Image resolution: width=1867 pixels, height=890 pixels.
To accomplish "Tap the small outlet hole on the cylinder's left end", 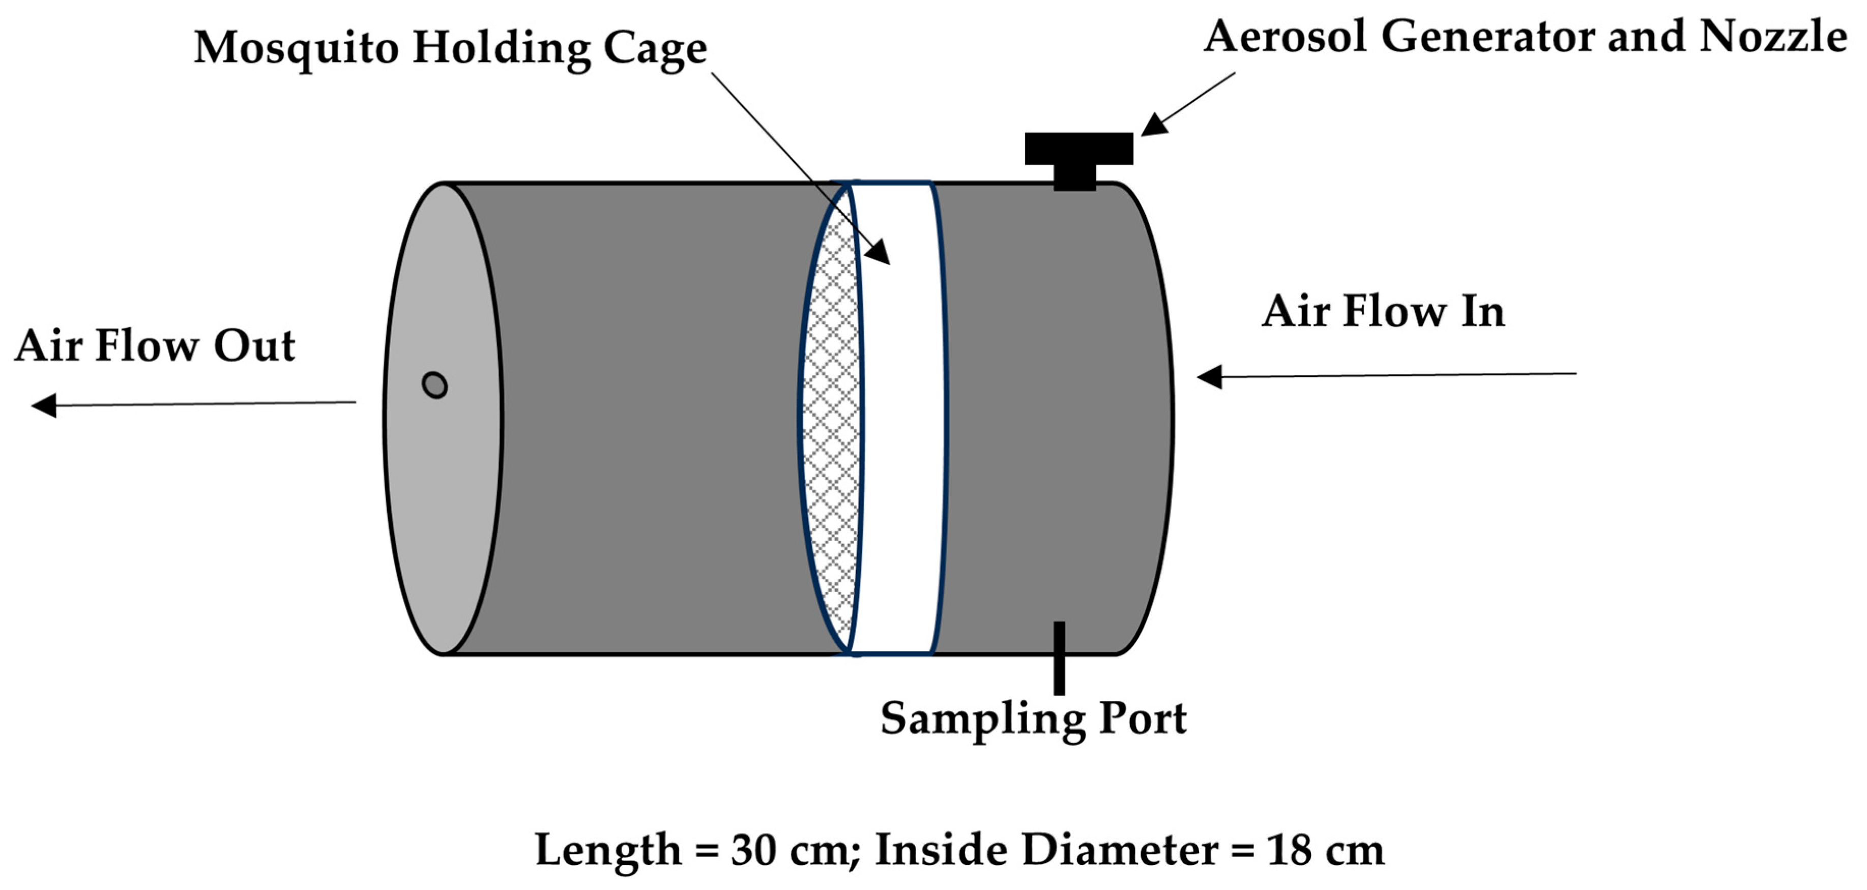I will [435, 385].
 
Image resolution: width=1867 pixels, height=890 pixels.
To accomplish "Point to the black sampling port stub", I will [1059, 658].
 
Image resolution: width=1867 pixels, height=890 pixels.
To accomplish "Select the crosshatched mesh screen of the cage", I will [831, 421].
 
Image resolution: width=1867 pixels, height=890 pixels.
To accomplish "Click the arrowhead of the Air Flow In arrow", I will [1209, 377].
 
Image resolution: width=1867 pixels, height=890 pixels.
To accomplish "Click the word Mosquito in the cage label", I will [296, 48].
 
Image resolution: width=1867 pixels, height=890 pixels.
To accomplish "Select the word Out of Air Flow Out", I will [254, 346].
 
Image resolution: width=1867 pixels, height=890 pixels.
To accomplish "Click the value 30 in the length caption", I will [754, 850].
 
